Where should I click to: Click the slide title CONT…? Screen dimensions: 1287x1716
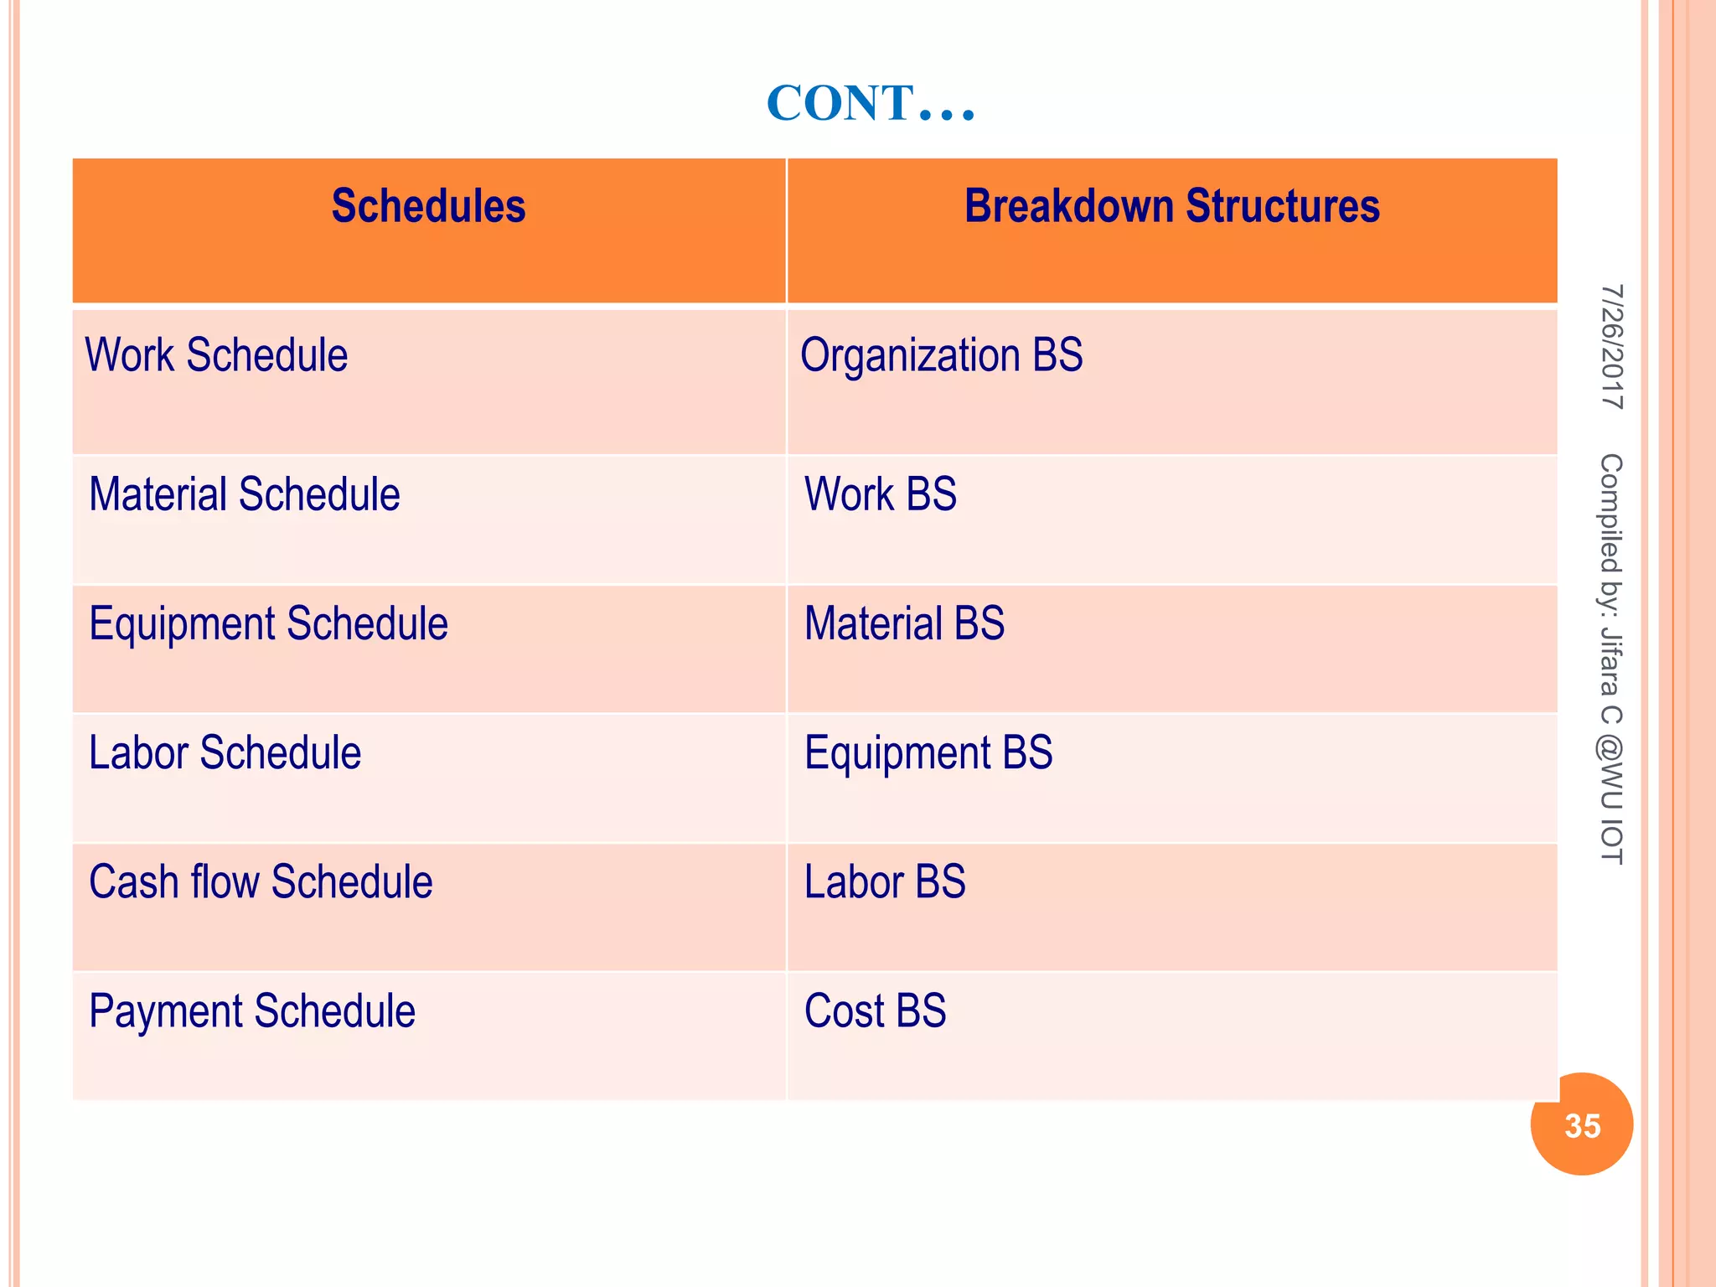point(871,104)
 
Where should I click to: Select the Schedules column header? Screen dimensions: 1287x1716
point(428,207)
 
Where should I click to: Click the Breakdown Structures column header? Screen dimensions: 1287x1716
point(1171,207)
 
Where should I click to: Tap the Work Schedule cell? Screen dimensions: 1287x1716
point(216,355)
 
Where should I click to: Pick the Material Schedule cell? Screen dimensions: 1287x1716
point(244,494)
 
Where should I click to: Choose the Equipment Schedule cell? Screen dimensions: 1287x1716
point(268,624)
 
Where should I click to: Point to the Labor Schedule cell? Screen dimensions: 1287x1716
point(225,753)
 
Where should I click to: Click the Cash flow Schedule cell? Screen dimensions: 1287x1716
point(261,882)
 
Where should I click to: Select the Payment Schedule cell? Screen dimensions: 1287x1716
point(251,1011)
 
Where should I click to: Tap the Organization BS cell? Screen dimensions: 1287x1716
point(941,355)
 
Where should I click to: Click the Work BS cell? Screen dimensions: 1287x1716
point(880,494)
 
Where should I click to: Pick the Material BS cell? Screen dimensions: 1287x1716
point(904,624)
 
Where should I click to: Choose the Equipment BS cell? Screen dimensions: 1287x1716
point(928,753)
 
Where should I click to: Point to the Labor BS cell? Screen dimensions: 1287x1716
point(884,882)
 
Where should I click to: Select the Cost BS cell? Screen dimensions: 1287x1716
point(875,1011)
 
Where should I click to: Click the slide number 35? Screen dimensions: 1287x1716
point(1581,1125)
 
